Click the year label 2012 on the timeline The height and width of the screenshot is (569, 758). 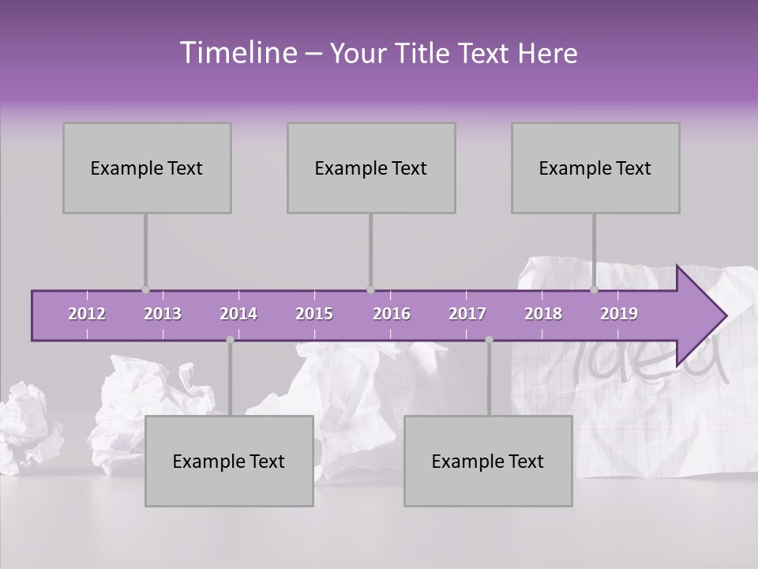point(87,314)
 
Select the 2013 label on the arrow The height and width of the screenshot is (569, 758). point(163,314)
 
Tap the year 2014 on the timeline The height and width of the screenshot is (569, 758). point(238,314)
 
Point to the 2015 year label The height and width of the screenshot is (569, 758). point(314,314)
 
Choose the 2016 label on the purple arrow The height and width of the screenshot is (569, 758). point(392,314)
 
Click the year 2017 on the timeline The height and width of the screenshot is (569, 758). point(467,314)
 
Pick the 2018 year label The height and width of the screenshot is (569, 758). point(543,314)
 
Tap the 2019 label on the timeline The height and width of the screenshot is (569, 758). point(619,314)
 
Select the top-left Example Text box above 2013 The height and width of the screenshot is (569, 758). point(147,168)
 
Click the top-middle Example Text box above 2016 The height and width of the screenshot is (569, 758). point(371,168)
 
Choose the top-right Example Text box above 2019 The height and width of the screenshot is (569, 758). point(595,168)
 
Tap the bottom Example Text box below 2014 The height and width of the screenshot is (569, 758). point(229,461)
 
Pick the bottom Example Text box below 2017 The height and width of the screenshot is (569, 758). point(488,461)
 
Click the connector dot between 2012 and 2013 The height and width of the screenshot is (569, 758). point(145,290)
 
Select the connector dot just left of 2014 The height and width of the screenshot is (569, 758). point(230,340)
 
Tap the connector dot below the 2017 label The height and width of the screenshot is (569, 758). point(489,340)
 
